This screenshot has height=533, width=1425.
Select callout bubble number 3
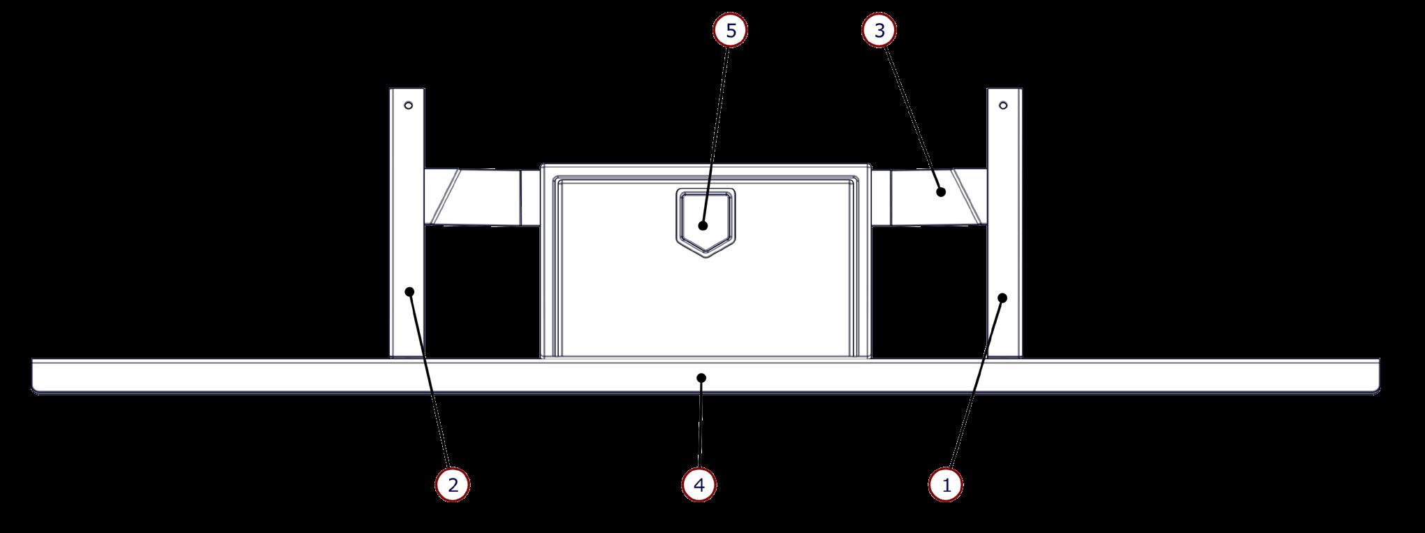pos(879,31)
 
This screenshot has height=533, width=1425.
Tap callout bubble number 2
pos(453,484)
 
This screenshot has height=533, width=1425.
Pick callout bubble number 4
pos(700,484)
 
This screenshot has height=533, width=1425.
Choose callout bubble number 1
pos(947,484)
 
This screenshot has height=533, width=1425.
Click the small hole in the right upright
pos(1003,106)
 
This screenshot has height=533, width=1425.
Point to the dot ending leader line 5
pos(703,226)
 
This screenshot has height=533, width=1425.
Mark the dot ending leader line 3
pos(941,191)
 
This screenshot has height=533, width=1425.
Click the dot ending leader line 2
pos(411,292)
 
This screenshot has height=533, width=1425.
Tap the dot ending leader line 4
pos(701,378)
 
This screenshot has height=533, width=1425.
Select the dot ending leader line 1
pos(1002,298)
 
